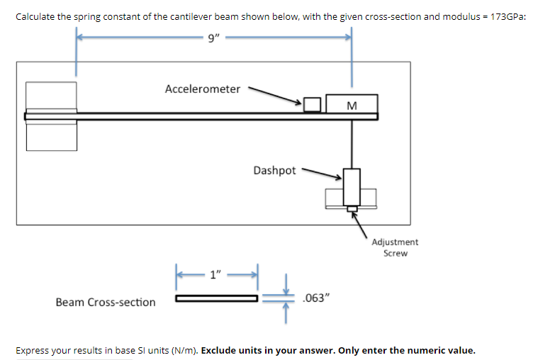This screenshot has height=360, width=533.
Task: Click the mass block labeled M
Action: (352, 104)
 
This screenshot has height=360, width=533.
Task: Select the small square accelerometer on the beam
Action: (312, 105)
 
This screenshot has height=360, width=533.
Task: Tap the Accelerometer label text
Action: (203, 89)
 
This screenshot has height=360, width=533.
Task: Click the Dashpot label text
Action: (274, 170)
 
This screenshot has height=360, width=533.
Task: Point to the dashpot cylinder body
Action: (352, 186)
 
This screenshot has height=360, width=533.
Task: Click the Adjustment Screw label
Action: (395, 247)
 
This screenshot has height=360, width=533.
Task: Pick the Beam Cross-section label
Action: (106, 303)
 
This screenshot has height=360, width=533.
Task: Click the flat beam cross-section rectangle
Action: (217, 298)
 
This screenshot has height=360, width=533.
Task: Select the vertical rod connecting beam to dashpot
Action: (352, 145)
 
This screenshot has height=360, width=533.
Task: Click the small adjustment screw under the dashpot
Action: (352, 208)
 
